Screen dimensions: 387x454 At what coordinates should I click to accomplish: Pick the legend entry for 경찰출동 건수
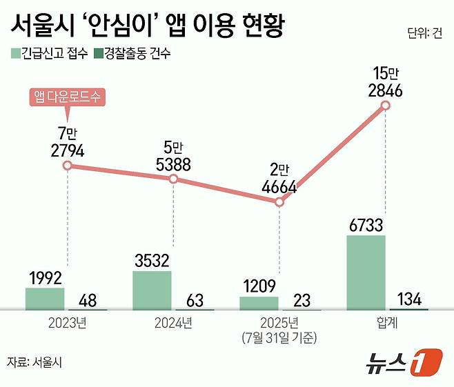tap(132, 52)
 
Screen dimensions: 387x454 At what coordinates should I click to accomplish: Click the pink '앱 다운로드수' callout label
tap(67, 97)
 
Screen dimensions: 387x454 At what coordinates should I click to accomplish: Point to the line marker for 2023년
tap(67, 166)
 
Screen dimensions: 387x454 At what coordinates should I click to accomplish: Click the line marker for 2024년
tap(173, 179)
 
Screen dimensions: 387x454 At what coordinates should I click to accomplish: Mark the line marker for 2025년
tap(279, 202)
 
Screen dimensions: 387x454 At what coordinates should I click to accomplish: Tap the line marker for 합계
tap(386, 106)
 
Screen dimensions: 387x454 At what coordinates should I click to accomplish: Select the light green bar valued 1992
tap(45, 299)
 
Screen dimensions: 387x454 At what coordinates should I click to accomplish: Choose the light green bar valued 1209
tap(259, 303)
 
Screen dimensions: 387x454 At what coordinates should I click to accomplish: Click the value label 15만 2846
tap(386, 81)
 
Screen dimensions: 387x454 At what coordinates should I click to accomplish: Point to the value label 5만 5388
tap(173, 156)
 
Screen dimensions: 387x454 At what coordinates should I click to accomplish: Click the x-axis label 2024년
tap(173, 321)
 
